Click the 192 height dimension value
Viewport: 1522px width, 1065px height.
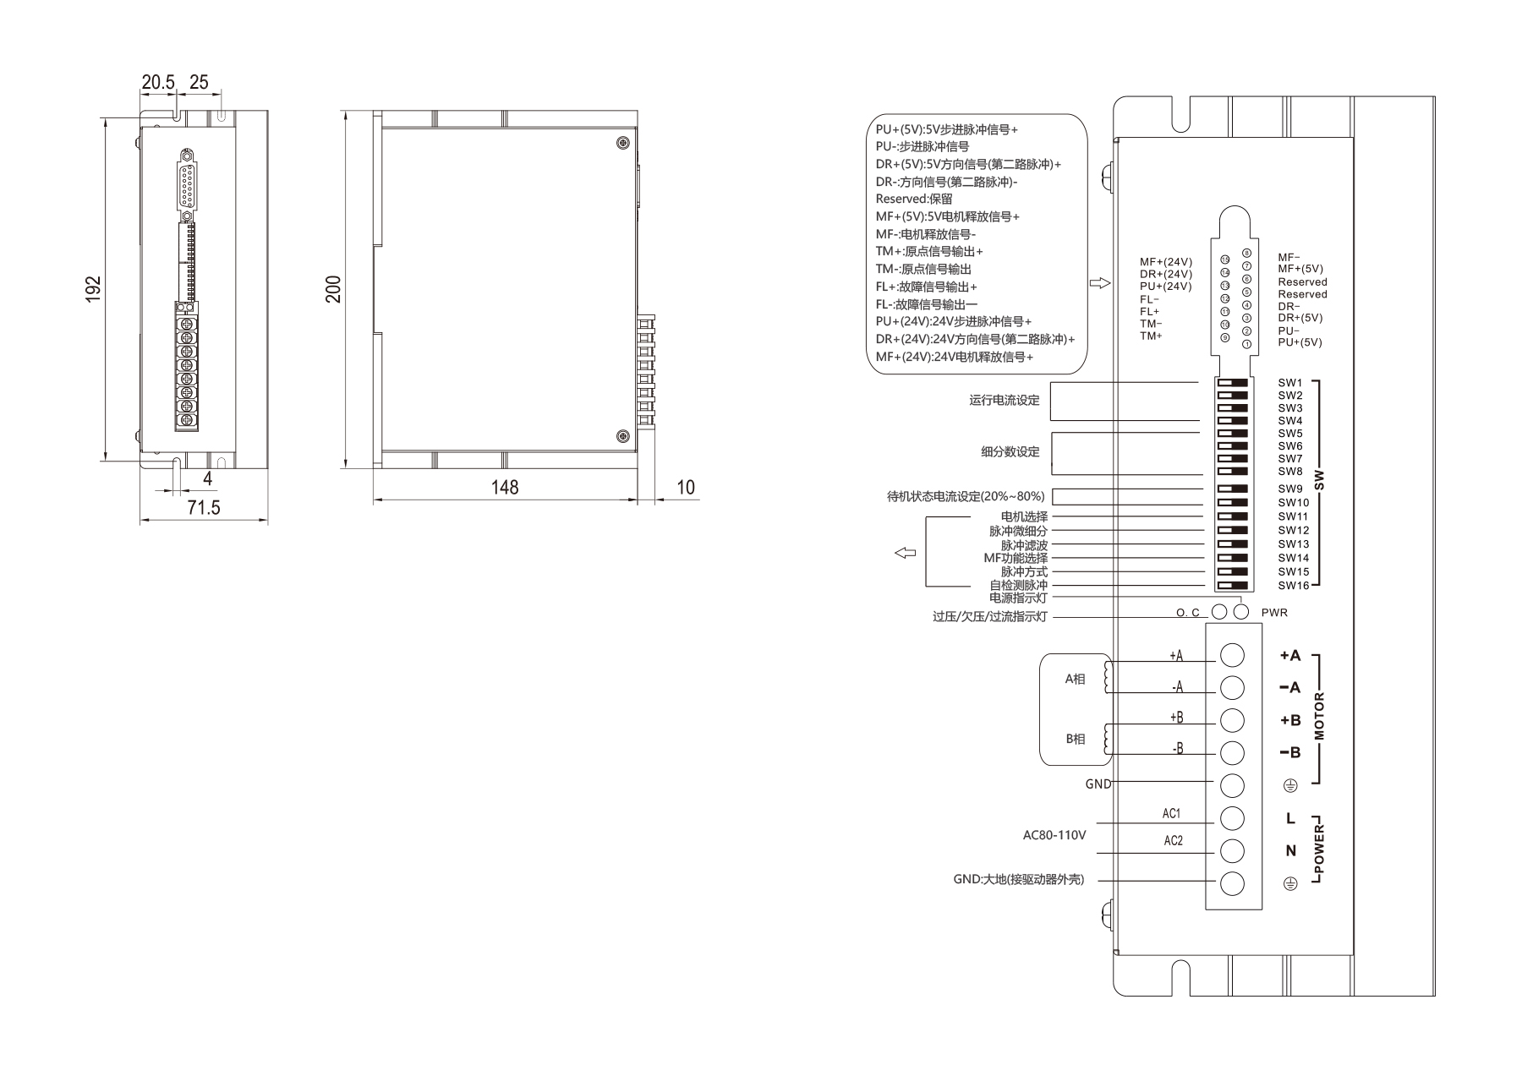94,288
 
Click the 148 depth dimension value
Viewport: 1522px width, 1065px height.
505,488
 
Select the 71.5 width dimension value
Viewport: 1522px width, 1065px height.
204,507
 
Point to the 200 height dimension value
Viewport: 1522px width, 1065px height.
334,289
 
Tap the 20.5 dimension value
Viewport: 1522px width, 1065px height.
158,82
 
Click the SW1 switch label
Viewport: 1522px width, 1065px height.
1290,383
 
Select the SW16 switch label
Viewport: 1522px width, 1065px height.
1293,586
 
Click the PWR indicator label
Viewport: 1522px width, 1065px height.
1274,613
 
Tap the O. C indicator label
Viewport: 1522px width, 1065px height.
1188,613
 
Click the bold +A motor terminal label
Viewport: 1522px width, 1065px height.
1290,656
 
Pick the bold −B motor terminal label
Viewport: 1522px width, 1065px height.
1290,753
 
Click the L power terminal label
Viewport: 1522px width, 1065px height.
1290,818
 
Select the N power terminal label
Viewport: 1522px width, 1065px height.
1290,851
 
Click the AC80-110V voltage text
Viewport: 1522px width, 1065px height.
1054,835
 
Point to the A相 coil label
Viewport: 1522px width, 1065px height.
1075,679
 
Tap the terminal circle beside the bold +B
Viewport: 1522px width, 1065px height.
1233,720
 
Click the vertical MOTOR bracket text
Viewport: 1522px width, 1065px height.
1320,717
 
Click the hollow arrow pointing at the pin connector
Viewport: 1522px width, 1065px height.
1100,284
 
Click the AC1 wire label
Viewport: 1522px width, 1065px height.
1172,814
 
